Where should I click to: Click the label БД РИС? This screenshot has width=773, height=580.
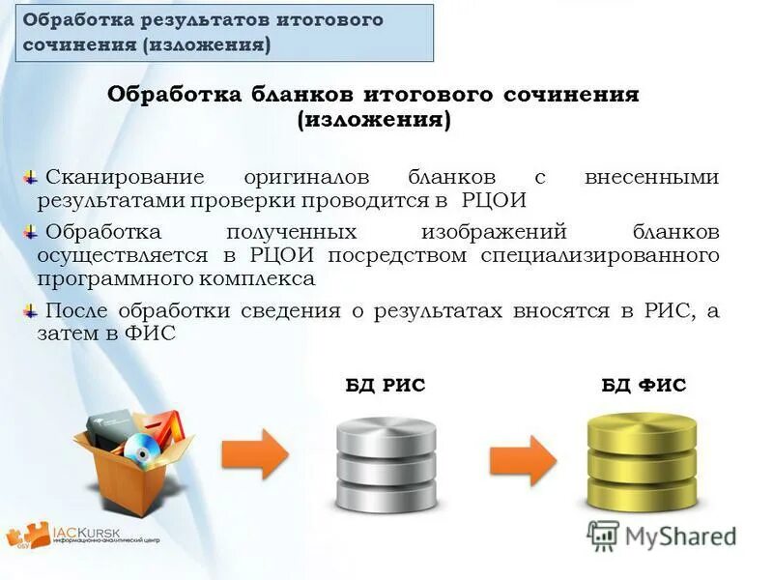point(386,385)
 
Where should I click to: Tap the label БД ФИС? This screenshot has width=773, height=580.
point(644,385)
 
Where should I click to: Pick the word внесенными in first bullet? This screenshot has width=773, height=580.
point(652,178)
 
